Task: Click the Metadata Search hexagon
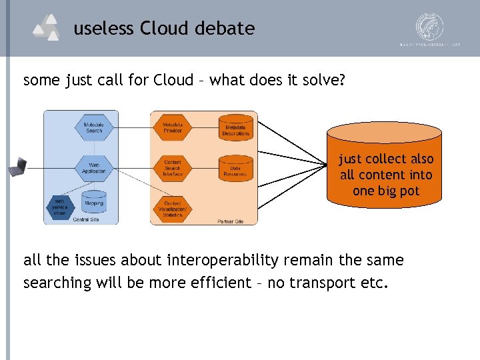[x=94, y=127]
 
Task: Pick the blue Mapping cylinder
[x=94, y=202]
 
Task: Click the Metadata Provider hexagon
[x=173, y=127]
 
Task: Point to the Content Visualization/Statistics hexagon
[x=173, y=207]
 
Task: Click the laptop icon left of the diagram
[x=17, y=167]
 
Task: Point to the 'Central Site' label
[x=86, y=219]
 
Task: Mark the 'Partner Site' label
[x=230, y=221]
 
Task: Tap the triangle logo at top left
[x=47, y=28]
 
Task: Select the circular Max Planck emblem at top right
[x=430, y=27]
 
